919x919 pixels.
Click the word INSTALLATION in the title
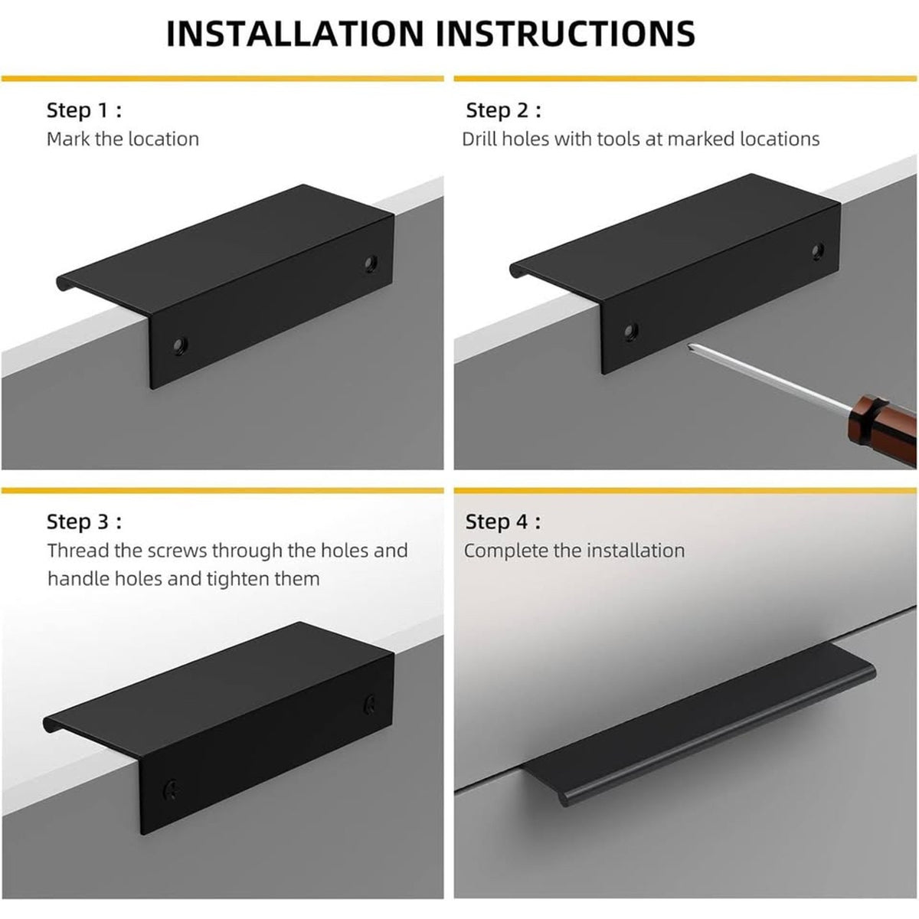[x=295, y=34]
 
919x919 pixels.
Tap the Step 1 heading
[x=84, y=110]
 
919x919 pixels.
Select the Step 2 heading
[x=503, y=110]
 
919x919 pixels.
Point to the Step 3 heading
[x=84, y=522]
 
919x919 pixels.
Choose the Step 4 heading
[x=503, y=522]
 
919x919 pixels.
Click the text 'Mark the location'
[x=123, y=139]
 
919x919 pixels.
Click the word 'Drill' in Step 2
[x=479, y=139]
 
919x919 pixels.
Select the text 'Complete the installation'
[x=574, y=551]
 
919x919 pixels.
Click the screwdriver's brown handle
[x=882, y=428]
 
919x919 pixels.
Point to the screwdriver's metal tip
[x=689, y=346]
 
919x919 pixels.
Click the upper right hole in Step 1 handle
[x=371, y=263]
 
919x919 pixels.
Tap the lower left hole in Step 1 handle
[x=180, y=345]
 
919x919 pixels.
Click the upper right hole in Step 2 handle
[x=818, y=251]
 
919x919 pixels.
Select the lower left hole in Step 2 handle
[x=630, y=332]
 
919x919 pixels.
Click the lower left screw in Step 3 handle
[x=172, y=790]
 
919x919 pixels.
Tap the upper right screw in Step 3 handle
[x=370, y=705]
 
